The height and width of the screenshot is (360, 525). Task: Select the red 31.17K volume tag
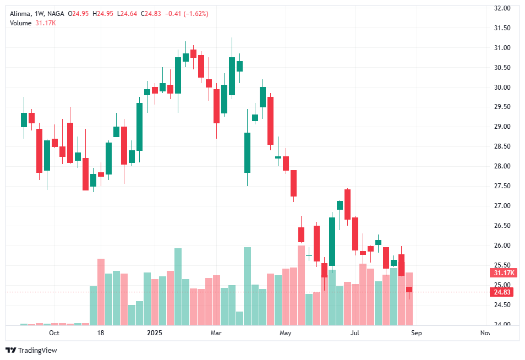(x=504, y=273)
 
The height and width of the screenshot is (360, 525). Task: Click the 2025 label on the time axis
(x=154, y=333)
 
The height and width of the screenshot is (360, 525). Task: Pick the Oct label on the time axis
(x=54, y=333)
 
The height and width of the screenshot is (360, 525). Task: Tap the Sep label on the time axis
(x=417, y=333)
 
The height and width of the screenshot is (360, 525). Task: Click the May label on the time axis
(x=285, y=333)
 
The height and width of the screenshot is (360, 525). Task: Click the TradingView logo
(x=31, y=351)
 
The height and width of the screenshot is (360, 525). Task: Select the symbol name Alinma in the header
(x=20, y=13)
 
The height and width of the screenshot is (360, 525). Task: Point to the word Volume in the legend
(x=20, y=23)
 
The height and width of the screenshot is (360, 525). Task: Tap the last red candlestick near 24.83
(x=409, y=290)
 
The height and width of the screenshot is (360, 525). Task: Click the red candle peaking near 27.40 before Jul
(x=347, y=204)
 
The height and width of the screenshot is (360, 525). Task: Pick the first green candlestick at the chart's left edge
(x=24, y=119)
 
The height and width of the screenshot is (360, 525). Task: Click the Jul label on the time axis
(x=355, y=333)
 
